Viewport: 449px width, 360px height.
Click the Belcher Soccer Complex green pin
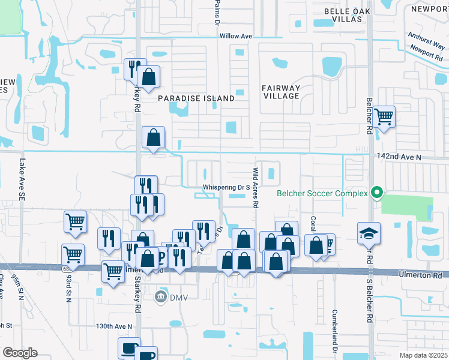(377, 193)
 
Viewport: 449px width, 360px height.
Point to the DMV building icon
(160, 296)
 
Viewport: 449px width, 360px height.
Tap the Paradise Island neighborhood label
(196, 98)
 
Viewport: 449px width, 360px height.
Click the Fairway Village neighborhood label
(281, 92)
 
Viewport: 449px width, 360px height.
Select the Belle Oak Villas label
(343, 15)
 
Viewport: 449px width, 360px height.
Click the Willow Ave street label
(235, 37)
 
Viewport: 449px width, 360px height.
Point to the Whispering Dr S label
(226, 188)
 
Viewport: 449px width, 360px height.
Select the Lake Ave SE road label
(22, 179)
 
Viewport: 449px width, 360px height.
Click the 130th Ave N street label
(112, 326)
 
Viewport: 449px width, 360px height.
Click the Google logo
(20, 353)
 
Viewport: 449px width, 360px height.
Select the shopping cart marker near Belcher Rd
(384, 116)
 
